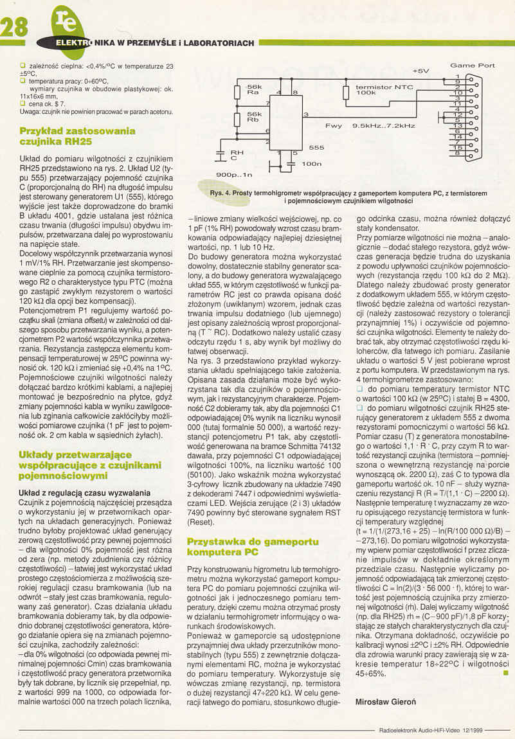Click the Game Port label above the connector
473,65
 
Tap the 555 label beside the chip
316,147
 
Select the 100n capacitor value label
311,164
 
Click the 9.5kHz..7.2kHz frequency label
384,126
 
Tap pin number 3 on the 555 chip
305,114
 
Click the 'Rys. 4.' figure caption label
221,192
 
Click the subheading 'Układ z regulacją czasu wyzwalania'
74,493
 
